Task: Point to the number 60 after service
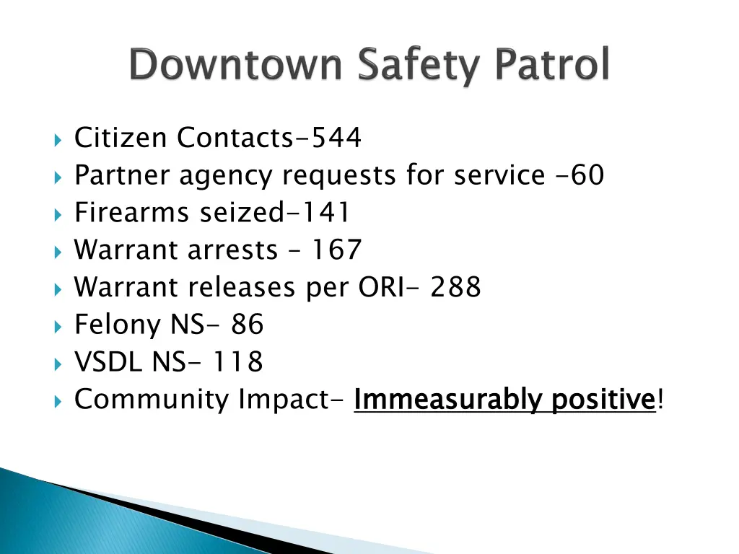[587, 175]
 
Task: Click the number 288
[455, 288]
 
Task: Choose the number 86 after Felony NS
[248, 325]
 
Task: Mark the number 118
[237, 362]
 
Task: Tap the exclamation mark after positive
[660, 399]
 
